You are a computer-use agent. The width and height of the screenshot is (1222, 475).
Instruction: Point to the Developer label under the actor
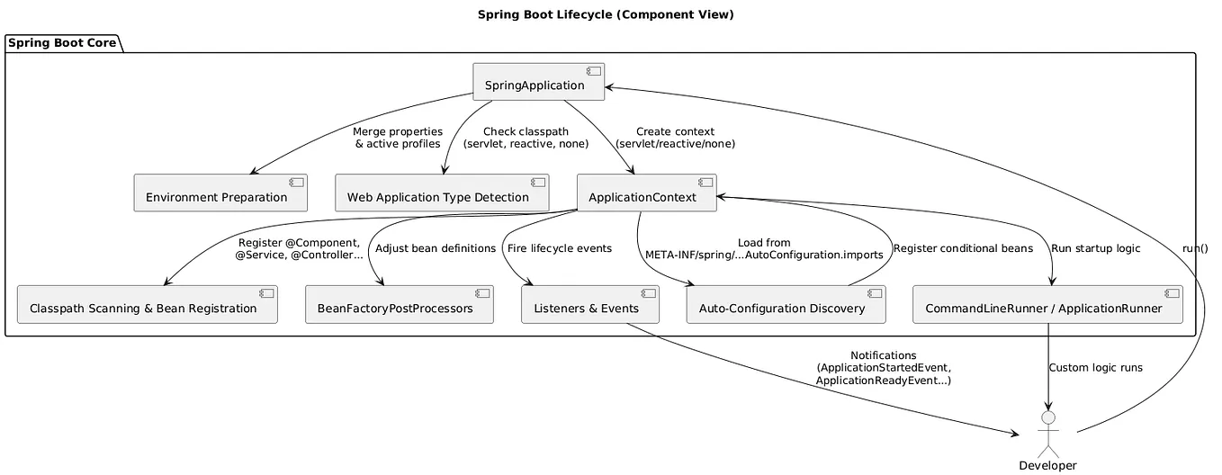pyautogui.click(x=1047, y=465)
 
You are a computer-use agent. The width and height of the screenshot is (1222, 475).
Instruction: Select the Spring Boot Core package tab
pyautogui.click(x=63, y=43)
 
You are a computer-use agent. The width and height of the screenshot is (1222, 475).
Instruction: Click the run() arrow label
pyautogui.click(x=1195, y=248)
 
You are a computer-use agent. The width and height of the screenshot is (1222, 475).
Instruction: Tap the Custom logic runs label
pyautogui.click(x=1095, y=368)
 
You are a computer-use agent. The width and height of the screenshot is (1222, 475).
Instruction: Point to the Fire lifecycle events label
pyautogui.click(x=560, y=248)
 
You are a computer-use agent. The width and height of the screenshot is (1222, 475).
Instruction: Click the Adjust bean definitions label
pyautogui.click(x=436, y=248)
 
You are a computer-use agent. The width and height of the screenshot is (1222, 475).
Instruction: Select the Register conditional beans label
pyautogui.click(x=962, y=248)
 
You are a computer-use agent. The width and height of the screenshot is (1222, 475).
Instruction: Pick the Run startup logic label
pyautogui.click(x=1095, y=248)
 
